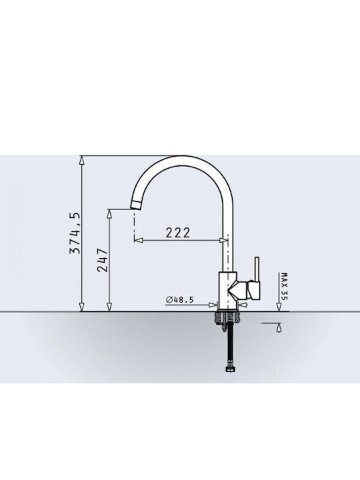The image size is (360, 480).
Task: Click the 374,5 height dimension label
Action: coord(75,233)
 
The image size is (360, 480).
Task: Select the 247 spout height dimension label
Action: coord(103,260)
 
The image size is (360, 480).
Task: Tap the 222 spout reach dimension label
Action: coord(178,233)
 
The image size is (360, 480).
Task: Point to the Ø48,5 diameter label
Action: coord(180,300)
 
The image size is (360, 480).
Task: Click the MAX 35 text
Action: coord(285,287)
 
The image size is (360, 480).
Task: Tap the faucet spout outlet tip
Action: coord(135,205)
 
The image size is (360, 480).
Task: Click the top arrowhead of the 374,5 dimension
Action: coord(82,161)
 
